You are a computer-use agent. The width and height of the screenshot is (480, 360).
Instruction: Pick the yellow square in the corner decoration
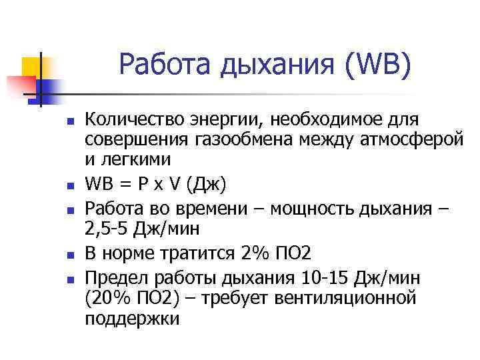(31, 66)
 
